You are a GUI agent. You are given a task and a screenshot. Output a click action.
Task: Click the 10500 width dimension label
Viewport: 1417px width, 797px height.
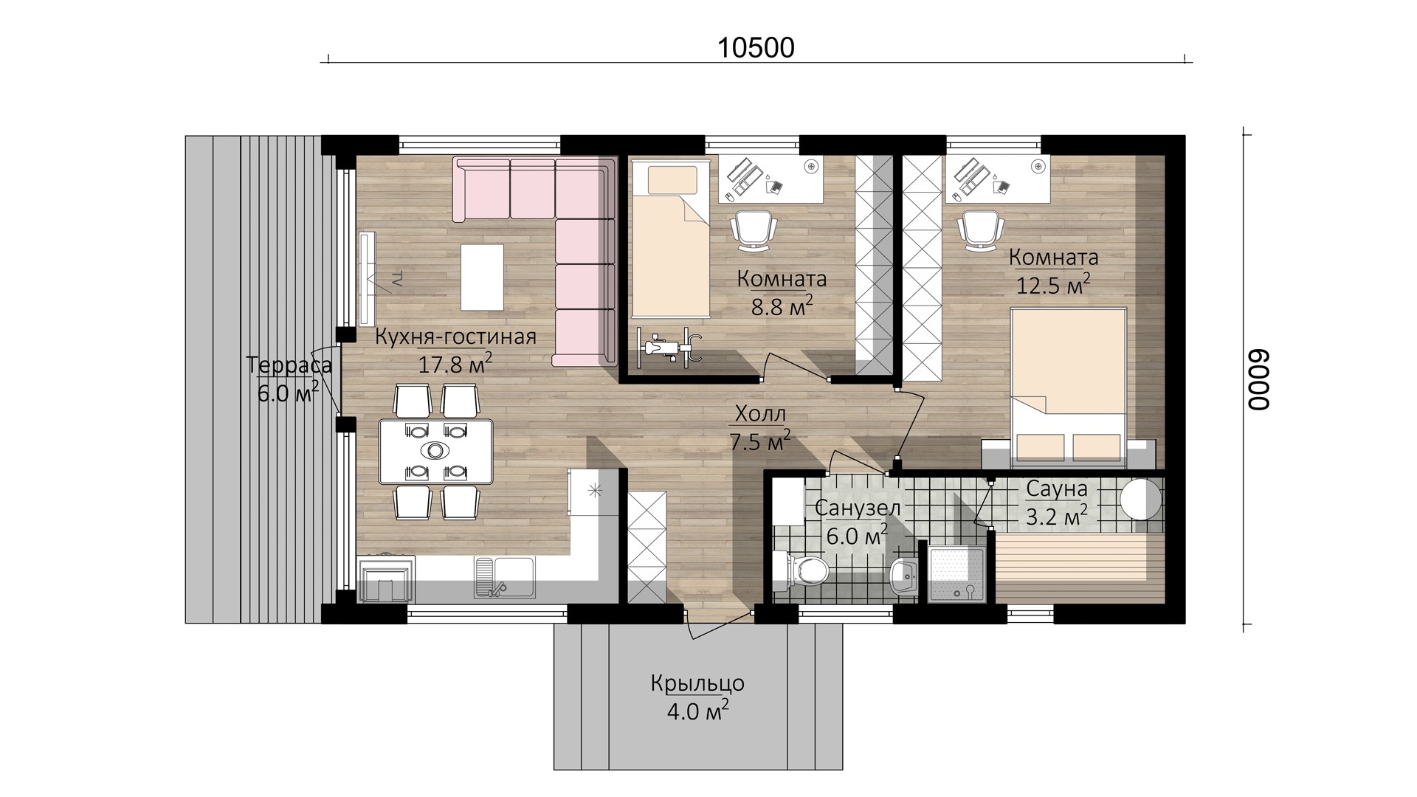[x=756, y=48]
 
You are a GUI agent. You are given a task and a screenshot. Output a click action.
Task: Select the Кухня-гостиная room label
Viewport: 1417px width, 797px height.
[x=455, y=337]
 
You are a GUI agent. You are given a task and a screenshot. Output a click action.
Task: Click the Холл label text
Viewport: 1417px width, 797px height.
[x=759, y=413]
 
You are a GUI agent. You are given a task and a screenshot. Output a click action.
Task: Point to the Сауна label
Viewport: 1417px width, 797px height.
[x=1057, y=489]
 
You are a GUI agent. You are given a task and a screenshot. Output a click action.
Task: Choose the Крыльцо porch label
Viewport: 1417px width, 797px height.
[x=697, y=684]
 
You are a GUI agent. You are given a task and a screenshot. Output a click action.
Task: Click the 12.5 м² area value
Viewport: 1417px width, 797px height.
[x=1053, y=284]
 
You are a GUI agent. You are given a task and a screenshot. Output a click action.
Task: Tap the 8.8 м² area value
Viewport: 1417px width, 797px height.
[x=782, y=306]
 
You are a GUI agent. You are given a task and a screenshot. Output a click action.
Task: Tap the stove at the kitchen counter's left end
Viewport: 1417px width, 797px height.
[x=386, y=580]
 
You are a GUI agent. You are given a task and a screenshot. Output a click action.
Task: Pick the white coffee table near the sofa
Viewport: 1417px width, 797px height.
[x=483, y=277]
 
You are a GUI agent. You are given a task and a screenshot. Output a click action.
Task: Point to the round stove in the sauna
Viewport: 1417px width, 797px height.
[x=1141, y=500]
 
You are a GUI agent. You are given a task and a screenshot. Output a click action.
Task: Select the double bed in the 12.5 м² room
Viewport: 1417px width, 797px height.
[x=1068, y=388]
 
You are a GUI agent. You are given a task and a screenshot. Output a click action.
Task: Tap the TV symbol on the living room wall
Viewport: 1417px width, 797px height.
[x=368, y=278]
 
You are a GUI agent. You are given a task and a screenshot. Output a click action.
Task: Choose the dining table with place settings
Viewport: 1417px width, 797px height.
[x=435, y=451]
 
